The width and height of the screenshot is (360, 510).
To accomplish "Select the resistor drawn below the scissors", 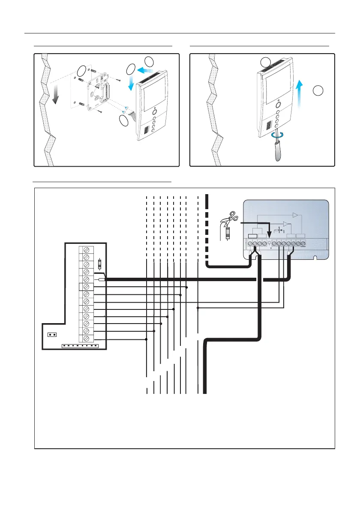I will (x=228, y=234).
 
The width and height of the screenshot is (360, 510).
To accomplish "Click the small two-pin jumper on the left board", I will (x=52, y=335).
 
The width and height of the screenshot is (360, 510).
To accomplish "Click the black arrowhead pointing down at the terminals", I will (x=269, y=236).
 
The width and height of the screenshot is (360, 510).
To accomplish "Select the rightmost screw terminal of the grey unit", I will (x=303, y=244).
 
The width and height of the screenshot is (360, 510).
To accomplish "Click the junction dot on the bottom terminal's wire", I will (x=147, y=339).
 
